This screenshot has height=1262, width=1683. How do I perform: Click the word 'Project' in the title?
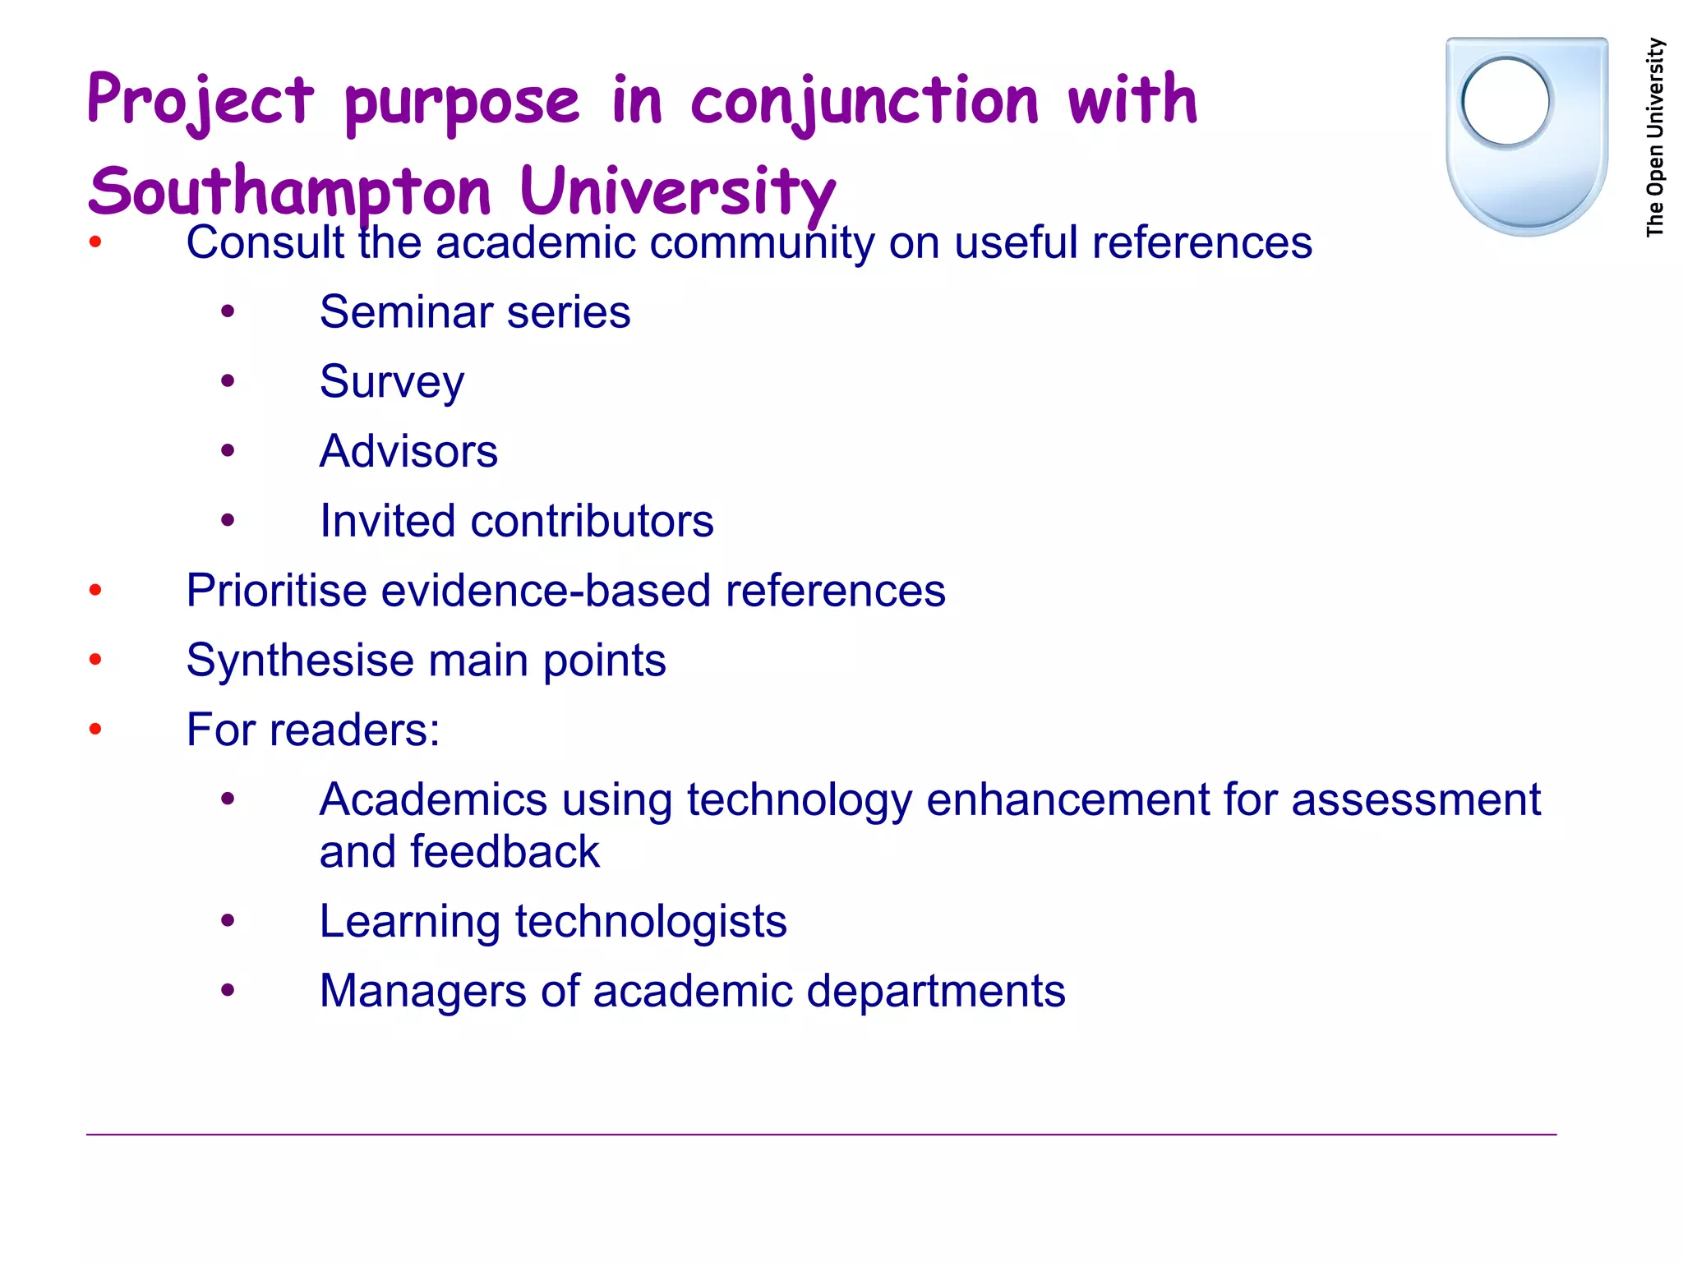click(x=201, y=100)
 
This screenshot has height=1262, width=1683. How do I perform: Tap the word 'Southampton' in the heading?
click(x=289, y=192)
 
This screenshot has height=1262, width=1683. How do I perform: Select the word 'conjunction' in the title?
click(x=865, y=100)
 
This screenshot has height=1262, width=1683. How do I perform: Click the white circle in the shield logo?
click(x=1505, y=102)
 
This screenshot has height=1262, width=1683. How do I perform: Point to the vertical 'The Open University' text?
click(x=1655, y=138)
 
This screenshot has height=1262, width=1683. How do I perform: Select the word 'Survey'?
click(x=392, y=382)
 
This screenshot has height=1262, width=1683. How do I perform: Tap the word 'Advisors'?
click(x=408, y=451)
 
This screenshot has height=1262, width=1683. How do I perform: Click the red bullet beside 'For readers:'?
click(x=95, y=730)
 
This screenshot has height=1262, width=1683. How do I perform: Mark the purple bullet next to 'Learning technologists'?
click(x=228, y=921)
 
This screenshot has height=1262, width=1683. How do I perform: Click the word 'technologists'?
click(x=651, y=921)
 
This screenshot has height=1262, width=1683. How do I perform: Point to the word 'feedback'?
click(x=505, y=852)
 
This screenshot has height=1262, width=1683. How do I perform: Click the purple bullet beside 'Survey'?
click(x=228, y=381)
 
